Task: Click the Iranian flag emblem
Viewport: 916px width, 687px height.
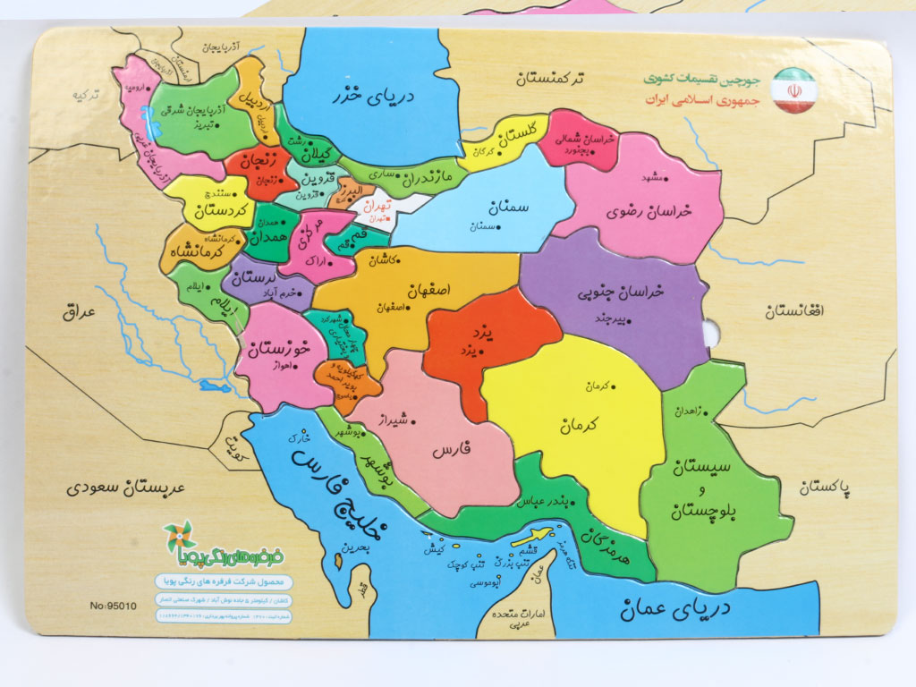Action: (794, 91)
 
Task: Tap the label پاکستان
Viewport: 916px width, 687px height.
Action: (825, 488)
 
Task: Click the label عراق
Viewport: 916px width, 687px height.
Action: (79, 311)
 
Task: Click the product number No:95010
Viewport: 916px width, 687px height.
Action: (113, 606)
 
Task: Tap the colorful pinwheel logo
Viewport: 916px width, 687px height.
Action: (178, 537)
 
